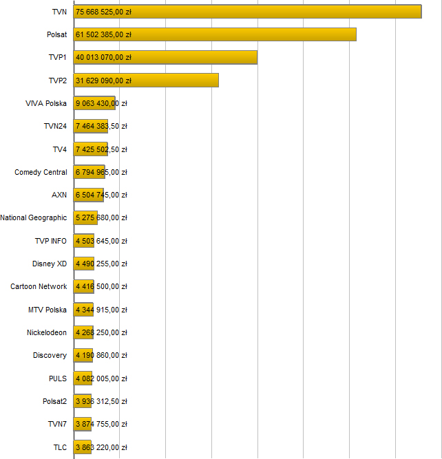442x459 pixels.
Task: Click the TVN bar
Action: (x=248, y=12)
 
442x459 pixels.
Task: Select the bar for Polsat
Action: (x=215, y=34)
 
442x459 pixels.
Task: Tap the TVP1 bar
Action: (x=165, y=57)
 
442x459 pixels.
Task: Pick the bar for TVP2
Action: (x=146, y=81)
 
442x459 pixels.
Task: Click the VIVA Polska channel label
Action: (x=45, y=103)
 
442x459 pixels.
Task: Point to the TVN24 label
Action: (x=54, y=126)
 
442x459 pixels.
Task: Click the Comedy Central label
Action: (x=41, y=172)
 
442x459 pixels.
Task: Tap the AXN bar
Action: (x=89, y=195)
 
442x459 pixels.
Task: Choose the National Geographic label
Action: (x=34, y=217)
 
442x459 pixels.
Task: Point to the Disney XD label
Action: (x=50, y=264)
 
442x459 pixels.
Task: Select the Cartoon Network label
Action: (x=39, y=286)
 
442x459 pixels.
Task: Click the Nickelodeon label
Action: (x=47, y=332)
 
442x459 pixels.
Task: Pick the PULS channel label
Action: (x=58, y=378)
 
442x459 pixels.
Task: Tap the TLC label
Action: (x=60, y=447)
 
